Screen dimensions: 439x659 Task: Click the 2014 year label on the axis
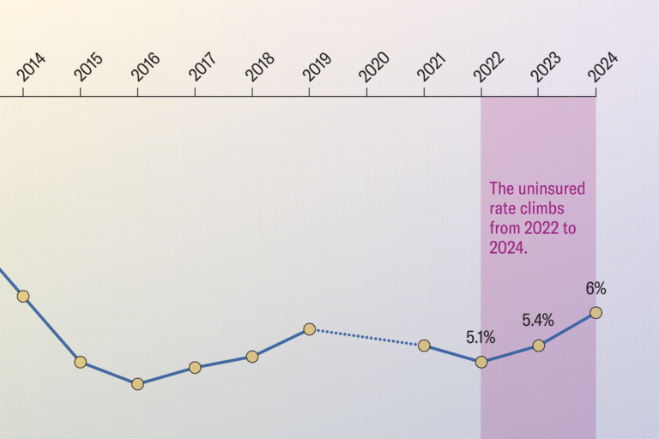click(x=32, y=68)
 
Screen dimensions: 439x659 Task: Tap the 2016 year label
click(x=147, y=68)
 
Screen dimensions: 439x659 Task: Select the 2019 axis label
click(x=318, y=68)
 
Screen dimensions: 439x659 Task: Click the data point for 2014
click(x=23, y=296)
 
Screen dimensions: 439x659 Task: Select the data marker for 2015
click(x=80, y=362)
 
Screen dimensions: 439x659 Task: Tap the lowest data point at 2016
click(x=137, y=384)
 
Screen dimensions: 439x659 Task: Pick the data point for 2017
click(x=195, y=368)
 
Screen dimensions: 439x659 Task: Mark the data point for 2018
click(x=252, y=356)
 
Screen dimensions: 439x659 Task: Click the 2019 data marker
click(x=310, y=329)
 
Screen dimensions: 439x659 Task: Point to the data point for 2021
click(x=424, y=346)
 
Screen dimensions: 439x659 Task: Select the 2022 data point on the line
click(x=481, y=362)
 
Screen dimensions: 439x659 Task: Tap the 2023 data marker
click(x=539, y=346)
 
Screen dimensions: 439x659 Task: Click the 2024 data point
click(x=596, y=313)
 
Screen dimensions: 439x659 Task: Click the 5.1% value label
click(x=481, y=337)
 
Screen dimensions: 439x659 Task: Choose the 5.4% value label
click(x=538, y=321)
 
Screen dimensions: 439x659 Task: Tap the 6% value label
click(x=596, y=289)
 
